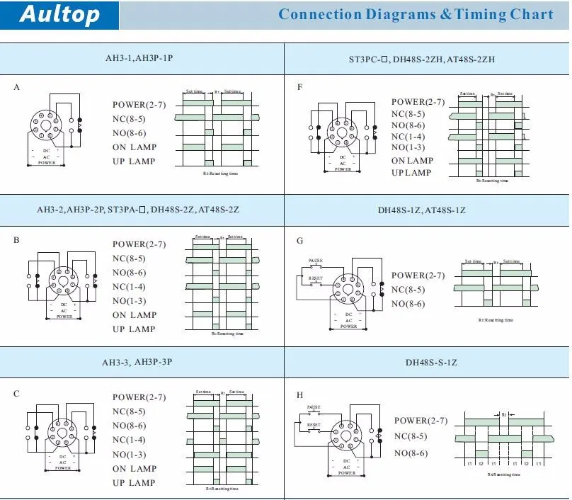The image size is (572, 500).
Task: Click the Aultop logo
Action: pyautogui.click(x=60, y=15)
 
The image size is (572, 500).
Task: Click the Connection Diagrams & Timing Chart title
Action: pyautogui.click(x=416, y=14)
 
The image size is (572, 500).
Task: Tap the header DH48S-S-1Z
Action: pyautogui.click(x=431, y=363)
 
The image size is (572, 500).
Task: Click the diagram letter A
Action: pyautogui.click(x=17, y=86)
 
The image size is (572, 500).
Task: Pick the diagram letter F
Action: pyautogui.click(x=299, y=86)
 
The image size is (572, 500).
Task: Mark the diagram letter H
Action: pyautogui.click(x=300, y=394)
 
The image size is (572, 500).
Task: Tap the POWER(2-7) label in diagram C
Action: pyautogui.click(x=139, y=397)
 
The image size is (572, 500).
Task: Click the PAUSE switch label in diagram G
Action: pyautogui.click(x=315, y=261)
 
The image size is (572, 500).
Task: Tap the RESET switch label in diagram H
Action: pyautogui.click(x=314, y=425)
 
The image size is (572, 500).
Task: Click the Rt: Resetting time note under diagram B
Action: pyautogui.click(x=229, y=334)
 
